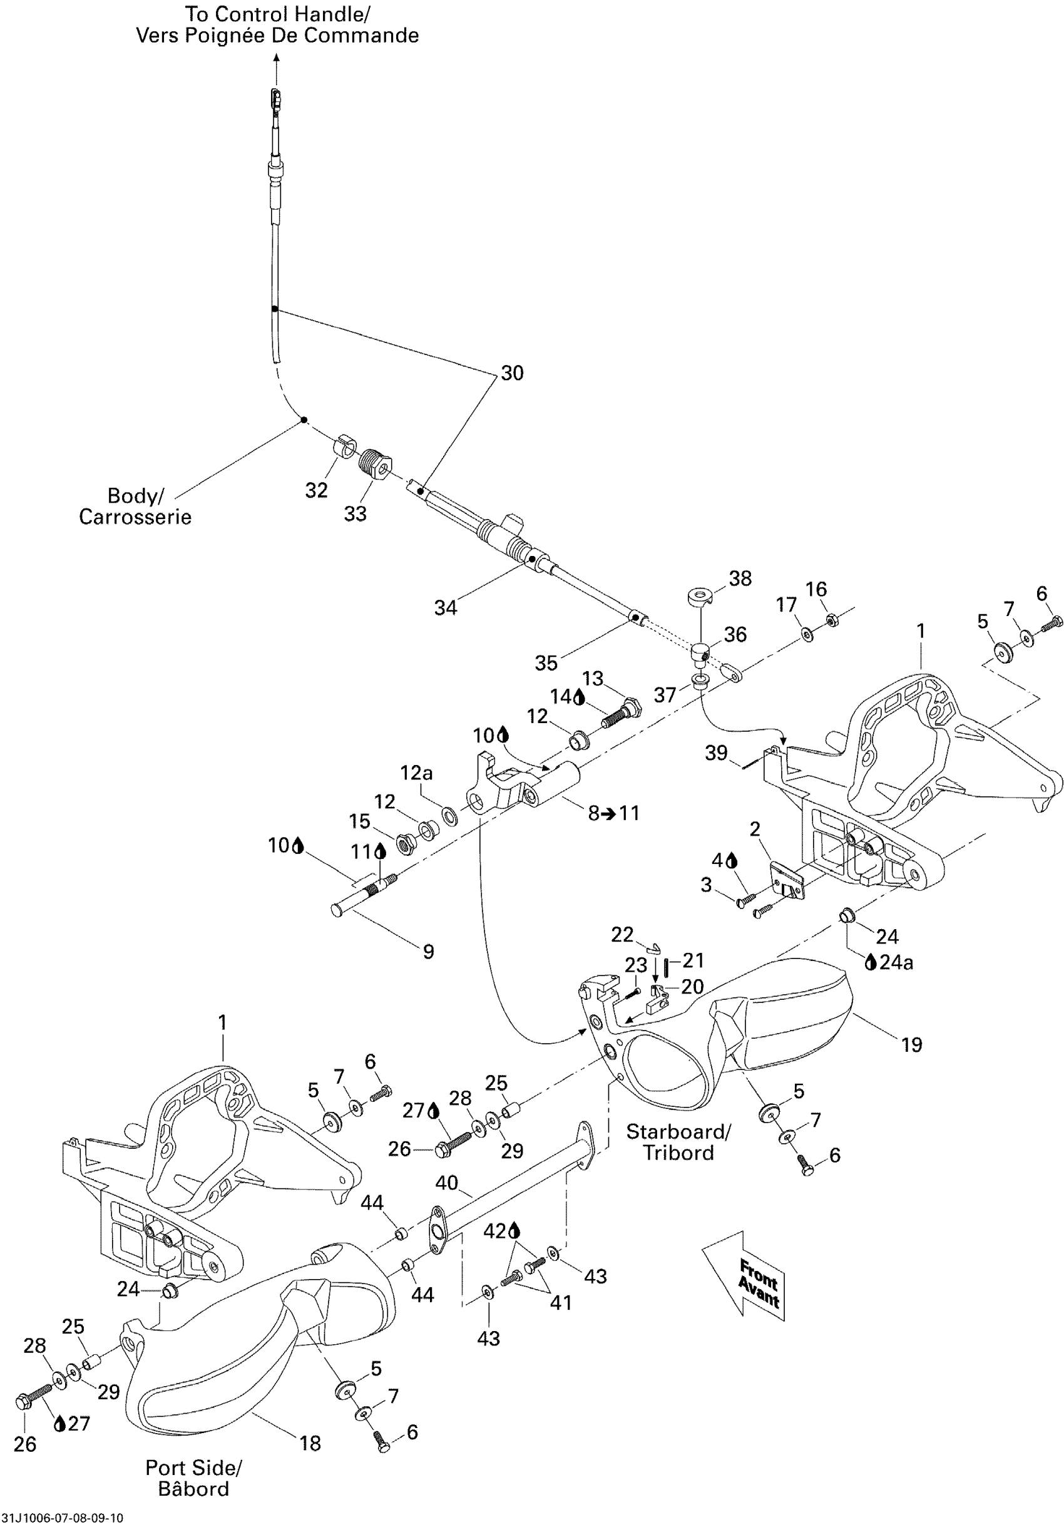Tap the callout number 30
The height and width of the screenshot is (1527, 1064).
click(x=512, y=373)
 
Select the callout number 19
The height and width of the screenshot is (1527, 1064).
click(x=912, y=1045)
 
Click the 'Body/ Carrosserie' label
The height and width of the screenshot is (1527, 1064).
click(x=135, y=506)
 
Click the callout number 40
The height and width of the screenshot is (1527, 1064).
click(x=447, y=1183)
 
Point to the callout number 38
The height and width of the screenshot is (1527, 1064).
click(x=740, y=578)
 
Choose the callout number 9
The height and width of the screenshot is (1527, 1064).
click(x=429, y=952)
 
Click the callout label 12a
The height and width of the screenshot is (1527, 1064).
click(x=416, y=773)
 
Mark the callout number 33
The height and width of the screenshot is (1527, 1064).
click(x=355, y=513)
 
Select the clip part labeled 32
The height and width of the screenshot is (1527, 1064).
click(x=343, y=445)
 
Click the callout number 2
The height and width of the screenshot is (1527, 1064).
click(x=755, y=829)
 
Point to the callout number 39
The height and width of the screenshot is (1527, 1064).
click(x=716, y=753)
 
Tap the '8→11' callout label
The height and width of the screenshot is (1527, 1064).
click(x=614, y=813)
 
